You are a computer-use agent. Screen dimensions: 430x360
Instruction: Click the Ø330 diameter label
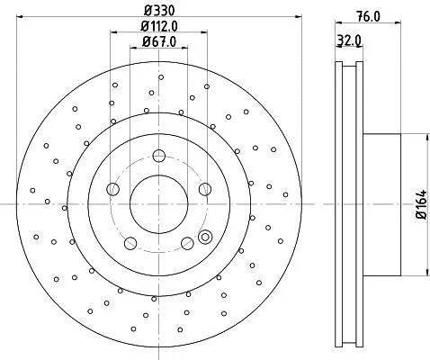click(x=159, y=11)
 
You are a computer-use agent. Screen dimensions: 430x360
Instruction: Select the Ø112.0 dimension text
click(x=159, y=26)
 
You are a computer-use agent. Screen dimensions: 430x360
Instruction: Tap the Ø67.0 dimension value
click(x=159, y=41)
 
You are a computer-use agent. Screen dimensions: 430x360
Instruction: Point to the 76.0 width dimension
click(x=369, y=16)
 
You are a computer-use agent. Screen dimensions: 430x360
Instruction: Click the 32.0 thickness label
click(x=349, y=40)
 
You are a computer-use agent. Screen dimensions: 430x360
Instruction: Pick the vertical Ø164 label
click(x=422, y=204)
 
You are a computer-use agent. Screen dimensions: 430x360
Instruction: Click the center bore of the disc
click(x=159, y=204)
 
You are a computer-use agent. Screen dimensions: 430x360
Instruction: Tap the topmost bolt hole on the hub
click(x=159, y=156)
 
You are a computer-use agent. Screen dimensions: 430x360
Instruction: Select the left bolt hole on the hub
click(x=113, y=189)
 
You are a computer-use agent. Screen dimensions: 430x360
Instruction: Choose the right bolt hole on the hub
click(x=205, y=189)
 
